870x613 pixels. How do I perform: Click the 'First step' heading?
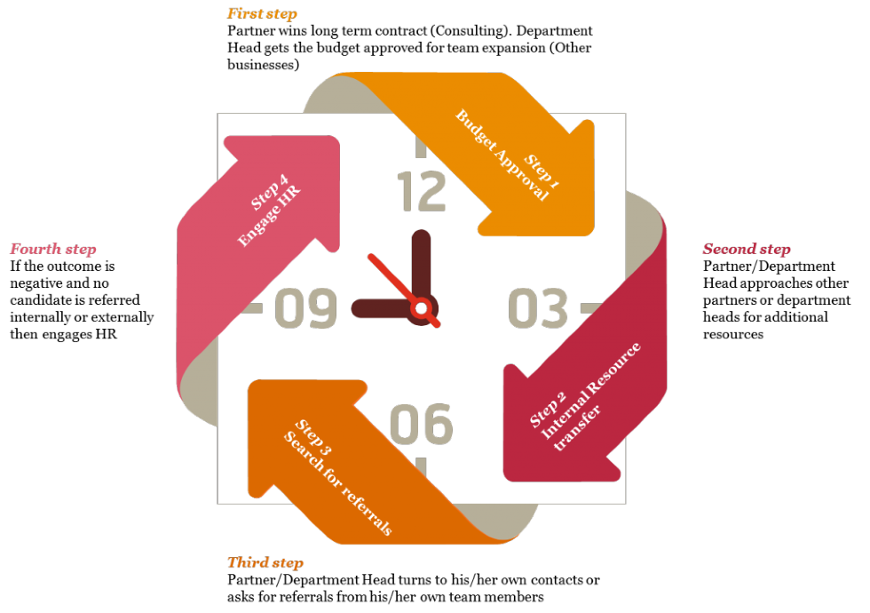coord(262,14)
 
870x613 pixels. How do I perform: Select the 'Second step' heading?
coord(747,250)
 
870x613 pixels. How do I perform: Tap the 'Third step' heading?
coord(265,563)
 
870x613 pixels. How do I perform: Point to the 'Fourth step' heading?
coord(53,250)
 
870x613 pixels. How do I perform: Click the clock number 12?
coord(422,192)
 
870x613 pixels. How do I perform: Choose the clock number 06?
coord(422,424)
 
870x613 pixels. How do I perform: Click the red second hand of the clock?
coord(404,291)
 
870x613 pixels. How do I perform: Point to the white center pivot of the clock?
coord(421,307)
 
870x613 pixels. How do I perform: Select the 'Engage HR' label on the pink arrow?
coord(269,216)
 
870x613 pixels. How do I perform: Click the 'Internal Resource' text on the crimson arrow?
coord(590,391)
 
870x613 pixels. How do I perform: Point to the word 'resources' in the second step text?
coord(733,334)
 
